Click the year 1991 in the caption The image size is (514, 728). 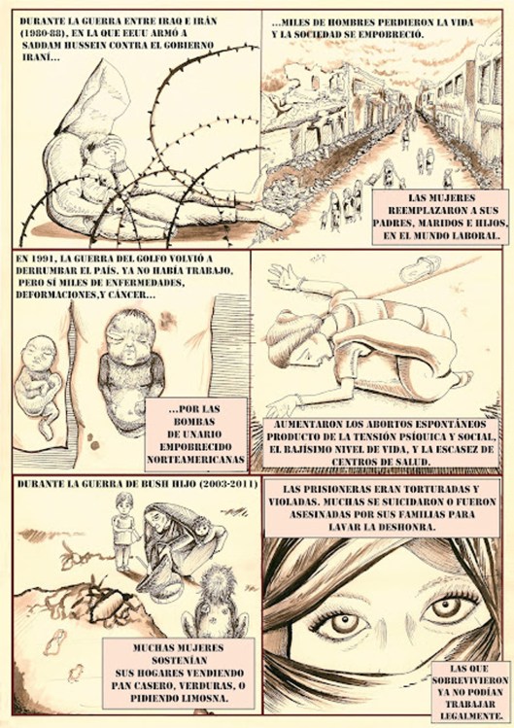tap(45, 259)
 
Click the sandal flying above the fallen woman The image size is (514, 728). tap(420, 267)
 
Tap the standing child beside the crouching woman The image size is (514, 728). tap(124, 531)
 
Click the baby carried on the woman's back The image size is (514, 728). tap(201, 527)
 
